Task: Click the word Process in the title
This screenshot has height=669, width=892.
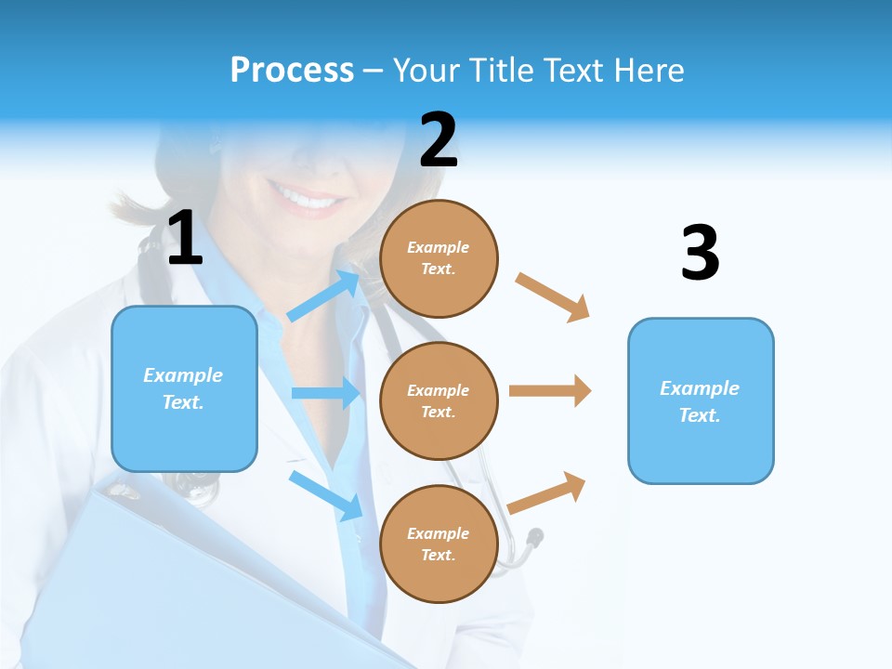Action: (x=292, y=70)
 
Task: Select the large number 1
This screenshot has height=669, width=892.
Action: (x=185, y=239)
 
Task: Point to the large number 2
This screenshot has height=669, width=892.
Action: (x=439, y=140)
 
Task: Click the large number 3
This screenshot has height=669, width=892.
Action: (x=700, y=253)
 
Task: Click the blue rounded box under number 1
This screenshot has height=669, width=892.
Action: (x=184, y=388)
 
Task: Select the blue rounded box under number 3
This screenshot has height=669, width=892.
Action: (x=701, y=400)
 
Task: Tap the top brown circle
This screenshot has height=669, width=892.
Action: (x=439, y=258)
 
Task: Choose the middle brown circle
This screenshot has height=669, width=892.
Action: (x=439, y=400)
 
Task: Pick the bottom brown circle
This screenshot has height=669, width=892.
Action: (x=439, y=544)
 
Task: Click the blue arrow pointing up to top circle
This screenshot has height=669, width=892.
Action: (x=323, y=295)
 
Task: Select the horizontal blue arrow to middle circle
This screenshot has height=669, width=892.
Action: (x=325, y=393)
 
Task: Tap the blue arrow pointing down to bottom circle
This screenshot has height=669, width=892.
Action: (x=325, y=493)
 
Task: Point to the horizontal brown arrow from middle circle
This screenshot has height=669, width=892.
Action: (x=550, y=391)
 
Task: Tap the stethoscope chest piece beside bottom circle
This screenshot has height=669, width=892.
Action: (x=534, y=537)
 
